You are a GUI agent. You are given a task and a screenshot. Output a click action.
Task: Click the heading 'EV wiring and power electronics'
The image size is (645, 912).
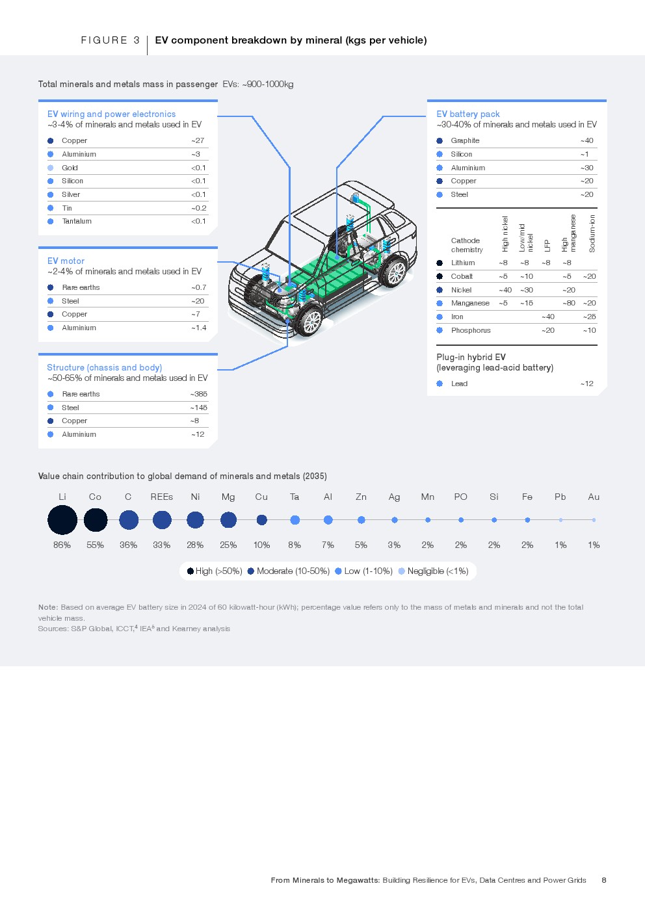111,114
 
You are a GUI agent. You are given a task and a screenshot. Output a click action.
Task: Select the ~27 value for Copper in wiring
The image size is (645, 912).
198,140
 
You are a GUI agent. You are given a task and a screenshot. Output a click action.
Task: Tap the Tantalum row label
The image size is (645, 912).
77,221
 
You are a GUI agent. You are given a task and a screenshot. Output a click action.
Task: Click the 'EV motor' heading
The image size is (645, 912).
66,261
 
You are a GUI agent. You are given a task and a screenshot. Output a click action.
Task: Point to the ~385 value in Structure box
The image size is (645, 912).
199,394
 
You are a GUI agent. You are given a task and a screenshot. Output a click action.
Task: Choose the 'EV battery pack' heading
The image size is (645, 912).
468,114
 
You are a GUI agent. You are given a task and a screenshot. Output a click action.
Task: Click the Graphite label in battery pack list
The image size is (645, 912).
465,140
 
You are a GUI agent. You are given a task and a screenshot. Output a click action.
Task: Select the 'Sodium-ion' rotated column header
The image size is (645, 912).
592,233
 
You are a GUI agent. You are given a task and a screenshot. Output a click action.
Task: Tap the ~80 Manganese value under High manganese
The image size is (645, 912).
569,303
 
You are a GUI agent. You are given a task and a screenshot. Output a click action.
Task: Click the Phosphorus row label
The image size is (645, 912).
471,330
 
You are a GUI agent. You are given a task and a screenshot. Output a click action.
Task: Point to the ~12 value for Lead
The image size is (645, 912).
586,384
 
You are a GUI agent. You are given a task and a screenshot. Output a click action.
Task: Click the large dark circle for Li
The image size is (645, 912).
62,520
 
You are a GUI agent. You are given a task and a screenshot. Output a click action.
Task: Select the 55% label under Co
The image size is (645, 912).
95,545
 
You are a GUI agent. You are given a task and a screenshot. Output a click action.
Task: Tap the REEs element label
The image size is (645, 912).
161,497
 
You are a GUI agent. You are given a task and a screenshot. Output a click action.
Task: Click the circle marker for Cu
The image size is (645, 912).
261,520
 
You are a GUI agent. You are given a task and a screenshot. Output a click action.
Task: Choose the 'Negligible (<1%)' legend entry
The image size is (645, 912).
437,571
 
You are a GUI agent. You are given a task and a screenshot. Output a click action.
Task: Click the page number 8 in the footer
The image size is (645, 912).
604,880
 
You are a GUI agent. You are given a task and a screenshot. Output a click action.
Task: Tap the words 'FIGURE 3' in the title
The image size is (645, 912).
111,40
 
